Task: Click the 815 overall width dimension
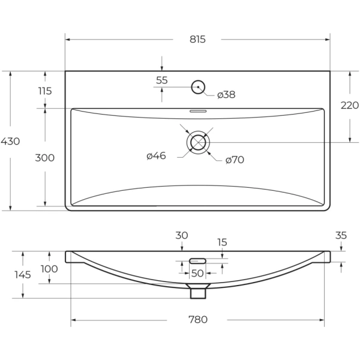click(x=197, y=40)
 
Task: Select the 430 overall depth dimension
click(x=10, y=142)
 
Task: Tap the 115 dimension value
click(x=44, y=91)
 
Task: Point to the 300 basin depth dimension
click(x=44, y=158)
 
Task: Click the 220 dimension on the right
click(x=349, y=106)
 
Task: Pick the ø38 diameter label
click(x=226, y=95)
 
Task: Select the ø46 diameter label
click(x=156, y=156)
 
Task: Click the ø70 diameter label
click(x=235, y=160)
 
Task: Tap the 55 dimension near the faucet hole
click(x=162, y=80)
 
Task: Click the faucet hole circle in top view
click(x=197, y=88)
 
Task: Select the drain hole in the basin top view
click(x=197, y=142)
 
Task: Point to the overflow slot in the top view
click(x=197, y=111)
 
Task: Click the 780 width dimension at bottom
click(x=197, y=319)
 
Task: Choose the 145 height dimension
click(x=23, y=275)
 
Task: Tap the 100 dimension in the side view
click(x=49, y=269)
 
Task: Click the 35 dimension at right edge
click(x=341, y=236)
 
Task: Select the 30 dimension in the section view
click(x=182, y=235)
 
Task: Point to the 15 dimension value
click(x=222, y=242)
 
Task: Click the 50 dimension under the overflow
click(x=197, y=274)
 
